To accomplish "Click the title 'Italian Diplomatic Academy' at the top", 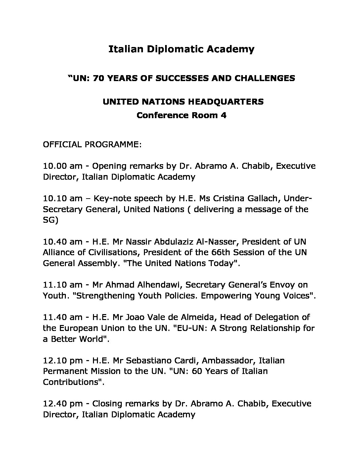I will click(x=181, y=49).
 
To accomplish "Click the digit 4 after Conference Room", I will click(x=223, y=116).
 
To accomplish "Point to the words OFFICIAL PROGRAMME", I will click(x=92, y=145).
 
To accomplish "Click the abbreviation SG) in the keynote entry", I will click(x=51, y=220).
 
